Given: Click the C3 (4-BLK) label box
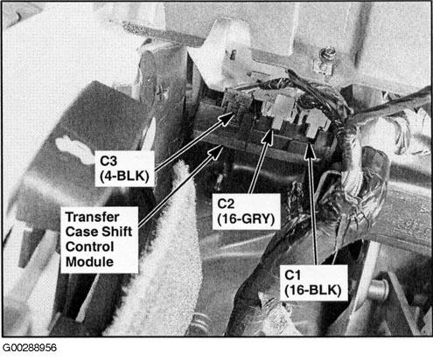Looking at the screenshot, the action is [x=124, y=169].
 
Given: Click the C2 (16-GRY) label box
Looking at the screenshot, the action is [x=247, y=211].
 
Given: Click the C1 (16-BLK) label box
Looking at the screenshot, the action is [x=314, y=282].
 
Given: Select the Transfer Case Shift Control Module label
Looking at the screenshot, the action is [x=99, y=239].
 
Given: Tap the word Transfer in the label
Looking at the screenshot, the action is [x=92, y=218].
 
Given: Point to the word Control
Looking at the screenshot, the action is [x=89, y=247].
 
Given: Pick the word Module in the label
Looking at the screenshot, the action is [x=89, y=262].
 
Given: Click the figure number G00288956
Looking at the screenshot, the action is [x=29, y=348].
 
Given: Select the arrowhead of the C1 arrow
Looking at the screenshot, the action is [x=310, y=150].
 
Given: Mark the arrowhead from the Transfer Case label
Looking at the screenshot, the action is [x=216, y=152].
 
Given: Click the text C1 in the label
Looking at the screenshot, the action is [x=292, y=275].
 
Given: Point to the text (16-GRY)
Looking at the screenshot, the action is [x=247, y=219].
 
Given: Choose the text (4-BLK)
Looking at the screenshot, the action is [x=124, y=176].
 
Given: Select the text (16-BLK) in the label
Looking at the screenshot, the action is [x=313, y=290].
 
